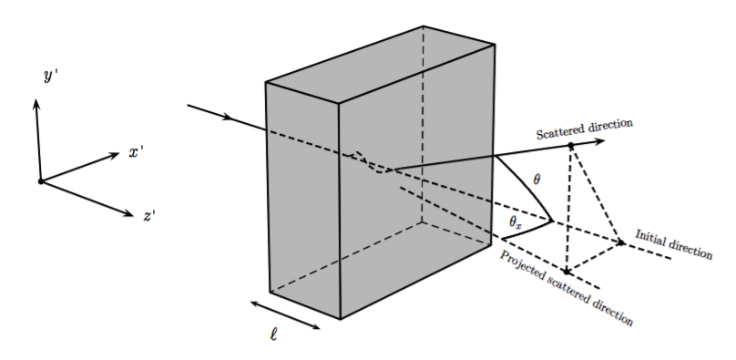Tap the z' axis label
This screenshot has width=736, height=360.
point(148,216)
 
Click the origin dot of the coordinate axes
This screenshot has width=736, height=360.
point(40,181)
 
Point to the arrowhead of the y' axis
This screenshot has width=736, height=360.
point(36,101)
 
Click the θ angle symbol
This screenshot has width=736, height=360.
point(537,180)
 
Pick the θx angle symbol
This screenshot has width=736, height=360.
point(515,221)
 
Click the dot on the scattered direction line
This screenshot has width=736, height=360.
point(570,146)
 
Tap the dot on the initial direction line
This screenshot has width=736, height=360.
point(621,242)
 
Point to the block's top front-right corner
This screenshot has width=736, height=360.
point(341,101)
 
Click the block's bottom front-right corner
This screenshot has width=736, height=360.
point(341,319)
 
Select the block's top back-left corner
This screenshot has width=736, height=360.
point(266,83)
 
